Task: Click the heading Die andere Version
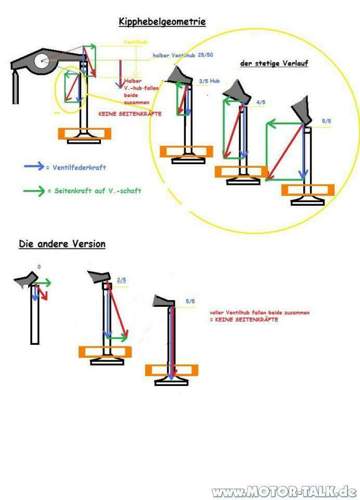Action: click(x=62, y=244)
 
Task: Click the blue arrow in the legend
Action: click(x=36, y=163)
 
